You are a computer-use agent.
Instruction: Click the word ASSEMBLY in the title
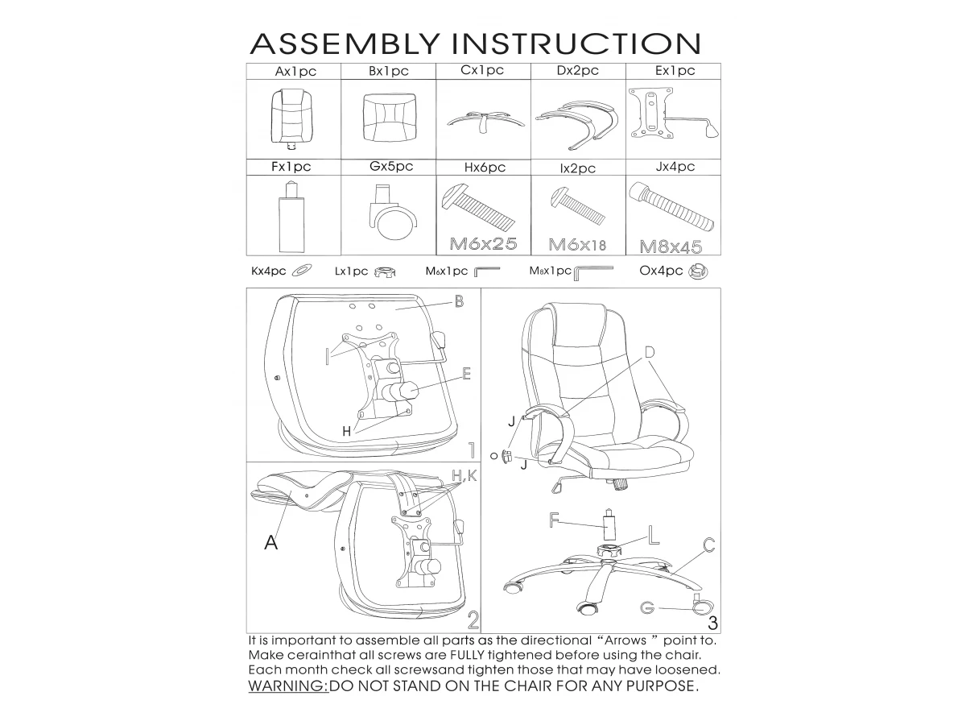pyautogui.click(x=345, y=44)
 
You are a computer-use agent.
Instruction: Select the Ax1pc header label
pyautogui.click(x=295, y=72)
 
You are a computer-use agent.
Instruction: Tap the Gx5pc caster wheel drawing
pyautogui.click(x=393, y=212)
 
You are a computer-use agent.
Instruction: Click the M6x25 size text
pyautogui.click(x=483, y=244)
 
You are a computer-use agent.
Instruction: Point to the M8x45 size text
pyautogui.click(x=671, y=247)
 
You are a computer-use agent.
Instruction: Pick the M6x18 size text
pyautogui.click(x=577, y=245)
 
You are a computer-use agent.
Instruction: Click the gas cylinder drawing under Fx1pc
pyautogui.click(x=291, y=217)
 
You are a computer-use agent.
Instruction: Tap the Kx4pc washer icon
pyautogui.click(x=302, y=271)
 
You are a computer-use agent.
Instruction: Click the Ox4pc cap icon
pyautogui.click(x=698, y=271)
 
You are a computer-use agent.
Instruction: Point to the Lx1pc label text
pyautogui.click(x=351, y=271)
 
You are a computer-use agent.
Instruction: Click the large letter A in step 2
pyautogui.click(x=271, y=542)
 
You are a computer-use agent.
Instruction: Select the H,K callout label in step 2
pyautogui.click(x=464, y=476)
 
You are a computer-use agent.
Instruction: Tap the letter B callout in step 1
pyautogui.click(x=459, y=301)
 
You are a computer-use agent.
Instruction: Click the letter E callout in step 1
pyautogui.click(x=466, y=374)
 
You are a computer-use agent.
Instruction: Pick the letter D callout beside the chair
pyautogui.click(x=650, y=352)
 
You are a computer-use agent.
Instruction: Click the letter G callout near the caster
pyautogui.click(x=647, y=608)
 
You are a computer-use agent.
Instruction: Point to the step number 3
pyautogui.click(x=713, y=623)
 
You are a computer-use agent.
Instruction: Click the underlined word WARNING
pyautogui.click(x=288, y=686)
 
